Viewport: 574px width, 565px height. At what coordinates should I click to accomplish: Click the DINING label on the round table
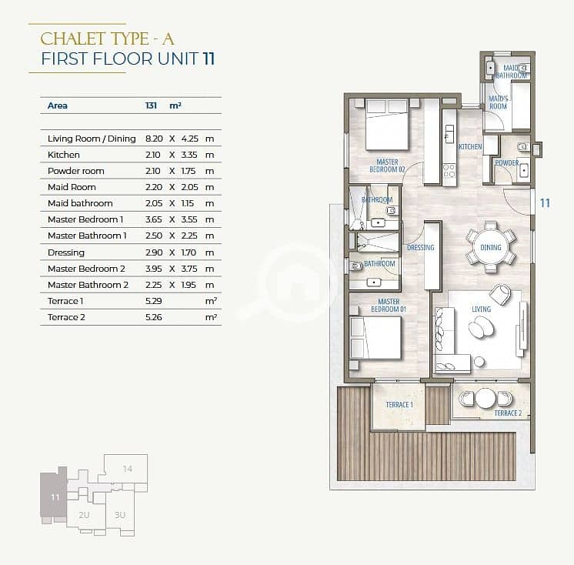click(x=491, y=248)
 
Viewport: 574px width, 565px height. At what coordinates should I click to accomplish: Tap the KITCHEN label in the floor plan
click(x=470, y=146)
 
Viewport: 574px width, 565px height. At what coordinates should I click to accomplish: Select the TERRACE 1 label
click(x=399, y=405)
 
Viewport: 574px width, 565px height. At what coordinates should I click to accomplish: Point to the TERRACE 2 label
click(x=508, y=413)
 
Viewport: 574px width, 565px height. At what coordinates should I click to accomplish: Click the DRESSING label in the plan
click(x=421, y=248)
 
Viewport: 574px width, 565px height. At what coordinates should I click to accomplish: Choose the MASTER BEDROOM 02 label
click(x=387, y=165)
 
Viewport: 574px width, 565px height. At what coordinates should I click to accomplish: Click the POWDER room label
click(x=506, y=162)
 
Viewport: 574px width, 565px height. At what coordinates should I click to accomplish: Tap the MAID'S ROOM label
click(x=499, y=102)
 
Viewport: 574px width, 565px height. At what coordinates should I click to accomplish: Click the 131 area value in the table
click(x=151, y=105)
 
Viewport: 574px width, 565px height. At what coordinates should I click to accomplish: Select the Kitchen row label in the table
click(x=63, y=155)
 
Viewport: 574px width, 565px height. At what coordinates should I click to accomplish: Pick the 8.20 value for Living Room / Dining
click(x=154, y=139)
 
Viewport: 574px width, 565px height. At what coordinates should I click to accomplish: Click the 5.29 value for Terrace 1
click(x=153, y=301)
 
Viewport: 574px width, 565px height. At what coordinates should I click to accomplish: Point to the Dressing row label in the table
click(x=66, y=252)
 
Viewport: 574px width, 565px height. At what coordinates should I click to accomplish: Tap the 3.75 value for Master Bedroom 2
click(x=189, y=269)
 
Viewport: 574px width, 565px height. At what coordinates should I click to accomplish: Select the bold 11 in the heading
click(x=209, y=59)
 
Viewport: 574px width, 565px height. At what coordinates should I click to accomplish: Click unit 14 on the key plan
click(x=128, y=468)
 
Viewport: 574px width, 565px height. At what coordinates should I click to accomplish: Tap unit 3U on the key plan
click(x=120, y=515)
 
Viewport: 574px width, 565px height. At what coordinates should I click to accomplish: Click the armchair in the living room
click(x=499, y=295)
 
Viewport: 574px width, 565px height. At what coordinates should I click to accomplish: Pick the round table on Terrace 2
click(x=486, y=398)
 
